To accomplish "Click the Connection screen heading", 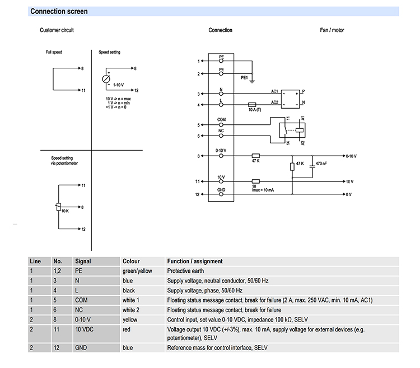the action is point(59,11).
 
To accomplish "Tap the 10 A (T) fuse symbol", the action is point(252,104).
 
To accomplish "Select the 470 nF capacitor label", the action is point(321,164).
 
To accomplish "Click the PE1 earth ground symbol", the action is point(252,81).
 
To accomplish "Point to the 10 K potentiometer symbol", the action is point(58,207).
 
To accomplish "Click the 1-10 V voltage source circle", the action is point(106,79).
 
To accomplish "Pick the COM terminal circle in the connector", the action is point(221,125).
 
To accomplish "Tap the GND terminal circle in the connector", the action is point(221,194).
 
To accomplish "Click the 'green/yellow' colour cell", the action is point(137,271).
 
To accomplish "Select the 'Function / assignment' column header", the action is point(195,261).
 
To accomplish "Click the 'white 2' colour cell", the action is point(130,310).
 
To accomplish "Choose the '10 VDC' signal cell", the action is point(84,329).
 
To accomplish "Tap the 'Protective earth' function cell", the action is point(185,271).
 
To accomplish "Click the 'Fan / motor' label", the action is point(332,30).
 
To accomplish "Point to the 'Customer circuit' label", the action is point(57,30).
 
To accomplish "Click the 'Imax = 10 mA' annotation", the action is point(263,190).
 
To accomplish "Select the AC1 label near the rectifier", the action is point(274,91).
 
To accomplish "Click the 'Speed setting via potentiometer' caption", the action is point(64,160).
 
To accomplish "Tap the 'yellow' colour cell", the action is point(130,320).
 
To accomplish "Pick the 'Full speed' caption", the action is point(54,52).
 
